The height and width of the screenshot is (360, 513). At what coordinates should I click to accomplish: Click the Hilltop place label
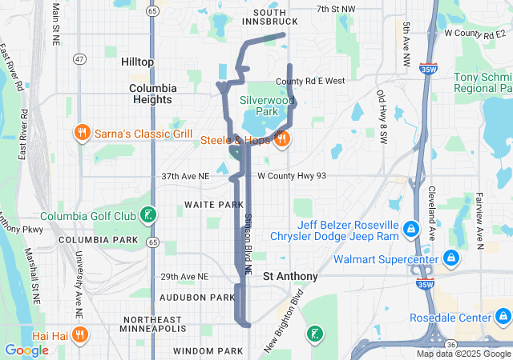coord(137,62)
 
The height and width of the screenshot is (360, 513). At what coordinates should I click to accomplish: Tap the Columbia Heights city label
coord(151,94)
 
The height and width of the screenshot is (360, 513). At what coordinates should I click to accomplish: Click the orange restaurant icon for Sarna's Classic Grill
coord(81,132)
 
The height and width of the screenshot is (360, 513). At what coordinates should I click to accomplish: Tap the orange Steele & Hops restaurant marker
coord(281,139)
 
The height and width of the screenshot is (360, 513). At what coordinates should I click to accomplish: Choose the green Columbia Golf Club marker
coord(148,214)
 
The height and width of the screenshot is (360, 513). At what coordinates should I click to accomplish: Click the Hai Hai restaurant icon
coord(81,335)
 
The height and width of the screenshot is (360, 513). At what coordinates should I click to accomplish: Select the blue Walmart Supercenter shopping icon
coord(450,258)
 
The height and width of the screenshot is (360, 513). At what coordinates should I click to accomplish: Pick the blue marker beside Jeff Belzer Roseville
coord(410,230)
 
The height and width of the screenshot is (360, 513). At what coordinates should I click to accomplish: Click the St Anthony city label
coord(291,276)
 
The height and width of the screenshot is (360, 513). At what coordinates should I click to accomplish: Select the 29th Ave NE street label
coord(184,277)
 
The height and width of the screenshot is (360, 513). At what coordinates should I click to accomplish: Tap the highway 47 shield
coord(79,59)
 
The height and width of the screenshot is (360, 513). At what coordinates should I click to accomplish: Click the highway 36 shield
coord(451,343)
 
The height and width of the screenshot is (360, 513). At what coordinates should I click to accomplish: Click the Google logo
coord(26,350)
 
